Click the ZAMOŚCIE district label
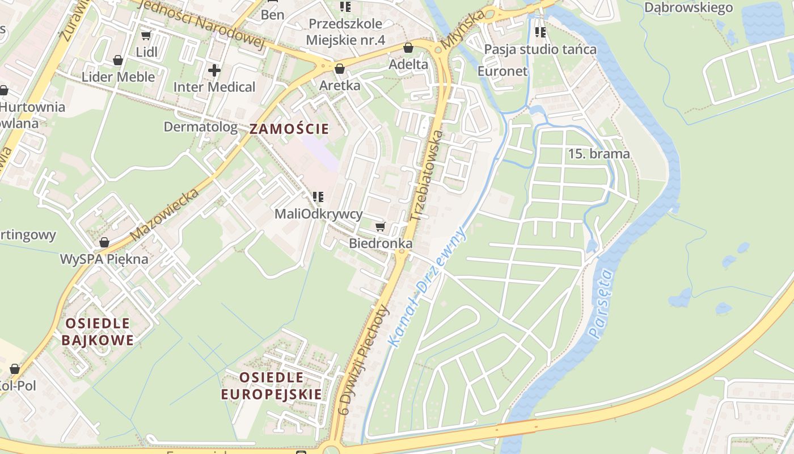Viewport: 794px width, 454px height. coord(289,129)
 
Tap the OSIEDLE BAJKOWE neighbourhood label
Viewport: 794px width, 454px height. coord(98,332)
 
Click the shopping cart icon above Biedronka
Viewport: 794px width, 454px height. coord(380,227)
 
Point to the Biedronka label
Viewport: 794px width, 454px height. coord(381,243)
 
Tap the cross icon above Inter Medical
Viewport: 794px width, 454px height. coord(214,70)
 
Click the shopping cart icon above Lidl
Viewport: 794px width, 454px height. coord(146,36)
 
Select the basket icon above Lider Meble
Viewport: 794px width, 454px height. coord(118,60)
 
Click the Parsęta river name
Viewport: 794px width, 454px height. coord(602,304)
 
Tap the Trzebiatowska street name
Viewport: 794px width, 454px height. coord(425,175)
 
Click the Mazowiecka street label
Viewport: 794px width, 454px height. coord(164,215)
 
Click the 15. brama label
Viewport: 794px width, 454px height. coord(599,154)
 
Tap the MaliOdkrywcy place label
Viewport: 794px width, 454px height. coord(318,214)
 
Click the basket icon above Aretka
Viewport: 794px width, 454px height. coord(340,69)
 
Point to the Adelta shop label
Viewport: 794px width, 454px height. coord(408,64)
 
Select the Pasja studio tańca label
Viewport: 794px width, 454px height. coord(540,49)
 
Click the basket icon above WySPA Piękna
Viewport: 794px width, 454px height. coord(104,243)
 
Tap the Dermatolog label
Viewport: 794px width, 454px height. coord(201,127)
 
